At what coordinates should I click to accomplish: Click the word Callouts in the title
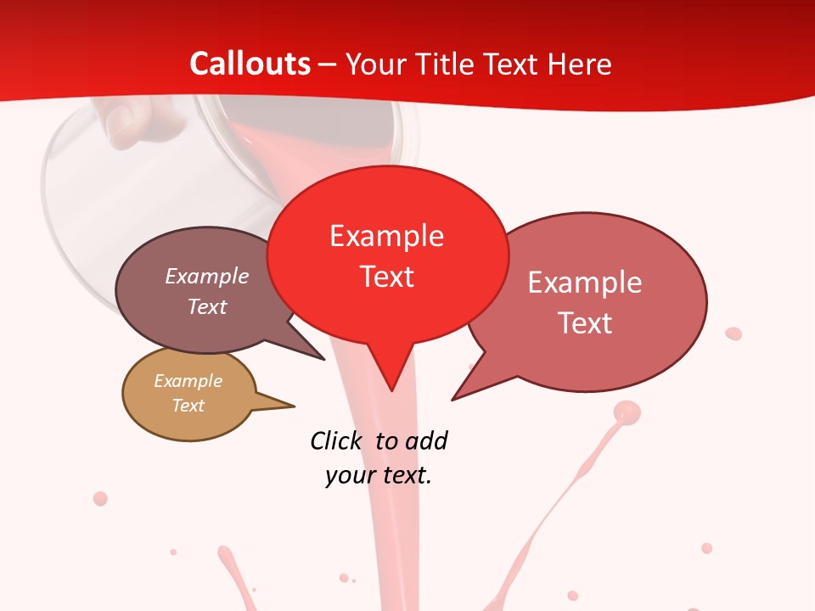pos(250,64)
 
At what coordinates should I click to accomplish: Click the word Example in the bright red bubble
pos(386,236)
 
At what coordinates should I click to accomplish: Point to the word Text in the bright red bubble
pos(386,277)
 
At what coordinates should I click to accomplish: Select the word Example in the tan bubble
pos(188,381)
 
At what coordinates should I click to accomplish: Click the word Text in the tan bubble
pos(188,406)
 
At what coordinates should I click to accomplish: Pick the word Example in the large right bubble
pos(584,283)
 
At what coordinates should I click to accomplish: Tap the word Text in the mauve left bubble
pos(207,306)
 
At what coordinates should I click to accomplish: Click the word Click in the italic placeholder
pos(336,440)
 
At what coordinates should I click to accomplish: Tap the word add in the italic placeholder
pos(425,440)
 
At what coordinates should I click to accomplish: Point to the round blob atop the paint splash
pos(627,412)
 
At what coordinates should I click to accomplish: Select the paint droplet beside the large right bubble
pos(733,334)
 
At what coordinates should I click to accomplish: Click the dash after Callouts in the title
pos(328,64)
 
